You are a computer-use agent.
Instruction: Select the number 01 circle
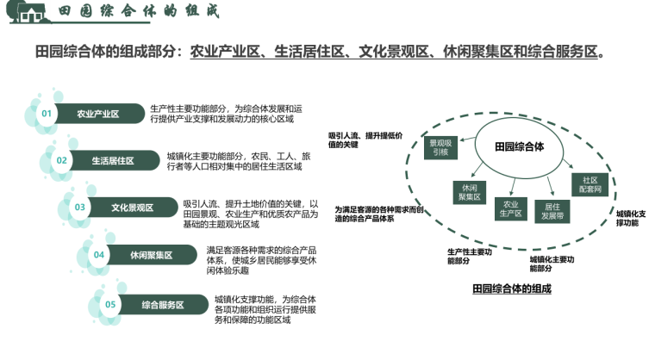click(x=47, y=114)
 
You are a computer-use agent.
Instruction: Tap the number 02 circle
click(x=62, y=160)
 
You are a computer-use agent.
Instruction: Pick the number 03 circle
click(x=80, y=207)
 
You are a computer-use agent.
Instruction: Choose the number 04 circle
click(x=99, y=254)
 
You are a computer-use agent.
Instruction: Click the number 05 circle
click(x=110, y=303)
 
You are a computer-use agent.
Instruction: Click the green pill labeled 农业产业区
click(x=97, y=114)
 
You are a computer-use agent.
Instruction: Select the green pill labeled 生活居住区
click(x=113, y=160)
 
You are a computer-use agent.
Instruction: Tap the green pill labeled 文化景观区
click(x=132, y=207)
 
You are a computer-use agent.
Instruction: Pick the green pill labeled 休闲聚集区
click(x=151, y=254)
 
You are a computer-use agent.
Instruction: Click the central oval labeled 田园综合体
click(x=519, y=146)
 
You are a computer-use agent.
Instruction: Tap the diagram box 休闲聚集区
click(x=470, y=192)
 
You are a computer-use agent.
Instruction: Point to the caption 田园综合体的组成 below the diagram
click(x=511, y=287)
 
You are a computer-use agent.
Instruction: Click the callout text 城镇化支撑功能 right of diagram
click(x=632, y=217)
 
